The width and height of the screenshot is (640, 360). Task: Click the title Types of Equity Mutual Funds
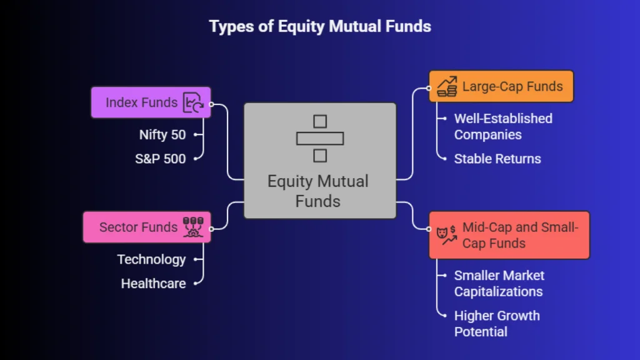click(x=320, y=26)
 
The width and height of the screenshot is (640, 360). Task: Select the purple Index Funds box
click(x=151, y=102)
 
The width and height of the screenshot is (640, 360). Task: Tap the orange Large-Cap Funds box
click(x=501, y=86)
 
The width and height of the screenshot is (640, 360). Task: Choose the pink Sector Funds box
click(x=147, y=227)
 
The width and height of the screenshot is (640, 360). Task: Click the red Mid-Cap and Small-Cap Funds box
click(x=509, y=235)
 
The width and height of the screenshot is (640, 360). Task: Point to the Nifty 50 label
click(x=162, y=135)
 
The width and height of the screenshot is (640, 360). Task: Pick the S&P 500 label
click(x=161, y=159)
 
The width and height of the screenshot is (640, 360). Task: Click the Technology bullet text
click(x=151, y=259)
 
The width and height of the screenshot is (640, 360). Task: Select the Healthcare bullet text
click(x=154, y=283)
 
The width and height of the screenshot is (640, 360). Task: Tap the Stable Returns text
click(x=497, y=159)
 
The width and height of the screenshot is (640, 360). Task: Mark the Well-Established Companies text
click(x=503, y=126)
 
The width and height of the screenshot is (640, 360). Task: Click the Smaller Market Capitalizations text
click(x=499, y=283)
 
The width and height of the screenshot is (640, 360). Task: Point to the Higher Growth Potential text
click(x=497, y=324)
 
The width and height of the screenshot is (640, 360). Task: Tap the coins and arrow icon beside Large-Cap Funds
click(x=447, y=86)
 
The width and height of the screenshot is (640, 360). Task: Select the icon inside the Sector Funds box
click(x=193, y=227)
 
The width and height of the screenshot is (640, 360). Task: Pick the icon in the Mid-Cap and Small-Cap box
click(x=446, y=235)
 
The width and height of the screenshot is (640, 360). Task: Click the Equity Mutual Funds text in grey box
click(x=318, y=191)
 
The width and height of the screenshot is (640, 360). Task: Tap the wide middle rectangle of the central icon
click(x=320, y=139)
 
